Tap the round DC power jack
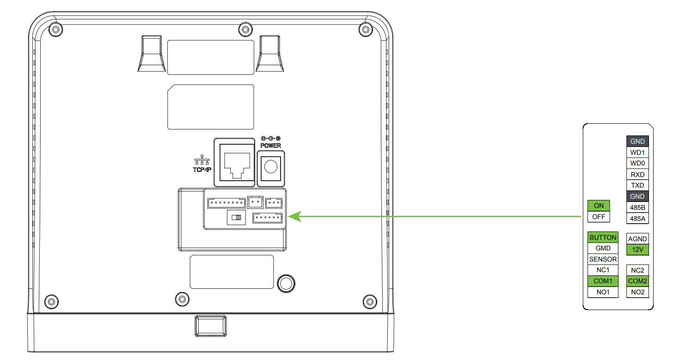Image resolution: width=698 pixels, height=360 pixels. (x=270, y=167)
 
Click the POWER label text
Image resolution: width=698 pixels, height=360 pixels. (x=270, y=146)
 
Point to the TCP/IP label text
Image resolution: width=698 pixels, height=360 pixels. (x=202, y=170)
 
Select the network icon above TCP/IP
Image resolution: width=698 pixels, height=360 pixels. (x=202, y=160)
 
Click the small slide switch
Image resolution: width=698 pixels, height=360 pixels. (x=237, y=217)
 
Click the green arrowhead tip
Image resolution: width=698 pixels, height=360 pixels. (x=288, y=216)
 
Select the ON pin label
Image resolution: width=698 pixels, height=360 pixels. (x=599, y=206)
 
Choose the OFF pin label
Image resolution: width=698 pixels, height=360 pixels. (x=599, y=217)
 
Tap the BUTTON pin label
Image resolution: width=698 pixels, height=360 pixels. (x=603, y=237)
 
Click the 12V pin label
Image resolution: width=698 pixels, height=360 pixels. (x=637, y=250)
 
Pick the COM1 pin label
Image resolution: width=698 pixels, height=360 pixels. (x=603, y=281)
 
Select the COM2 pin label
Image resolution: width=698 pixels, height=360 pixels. (x=637, y=281)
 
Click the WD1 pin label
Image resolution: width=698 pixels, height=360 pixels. (x=637, y=153)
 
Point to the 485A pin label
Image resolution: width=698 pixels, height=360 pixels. (x=637, y=218)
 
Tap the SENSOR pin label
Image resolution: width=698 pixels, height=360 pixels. (x=603, y=259)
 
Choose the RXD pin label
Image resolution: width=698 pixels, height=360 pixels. (x=637, y=174)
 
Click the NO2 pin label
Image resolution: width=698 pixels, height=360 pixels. (x=637, y=292)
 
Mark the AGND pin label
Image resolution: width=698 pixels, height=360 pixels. (x=637, y=238)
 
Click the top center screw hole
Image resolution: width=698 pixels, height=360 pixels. (x=245, y=30)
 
